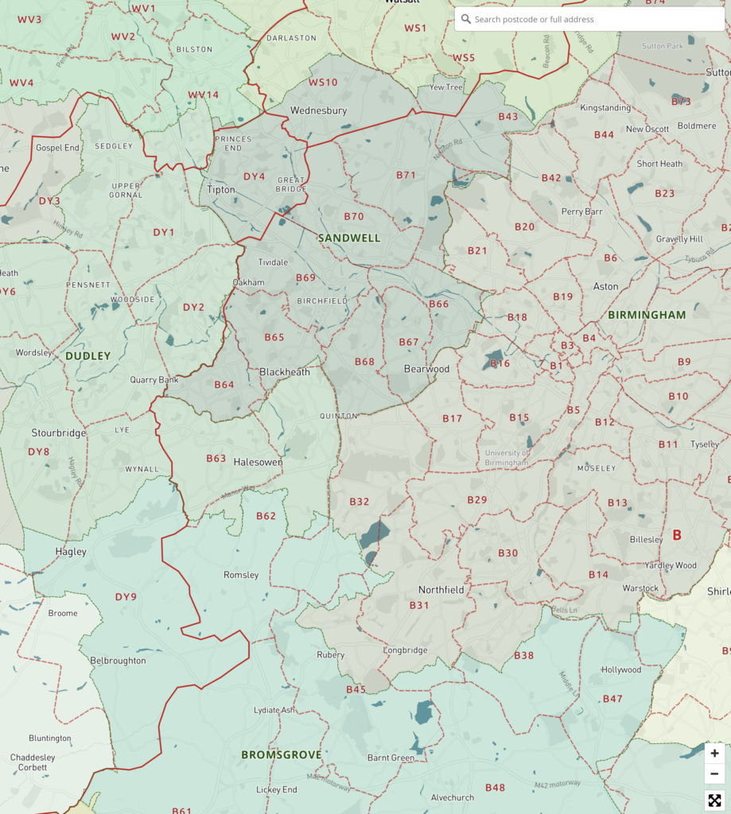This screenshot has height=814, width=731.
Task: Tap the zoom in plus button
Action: tap(714, 754)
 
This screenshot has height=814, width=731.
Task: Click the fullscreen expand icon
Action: tap(714, 800)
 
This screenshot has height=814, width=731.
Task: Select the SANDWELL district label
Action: tap(349, 238)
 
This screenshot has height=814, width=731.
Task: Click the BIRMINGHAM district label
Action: tap(646, 315)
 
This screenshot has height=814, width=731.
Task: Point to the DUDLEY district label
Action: tap(87, 355)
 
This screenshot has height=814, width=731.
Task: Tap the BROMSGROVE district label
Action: tap(282, 754)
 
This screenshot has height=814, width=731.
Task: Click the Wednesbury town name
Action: tap(318, 110)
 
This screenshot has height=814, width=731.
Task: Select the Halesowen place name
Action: tap(258, 462)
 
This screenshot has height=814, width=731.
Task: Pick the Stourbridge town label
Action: tap(58, 433)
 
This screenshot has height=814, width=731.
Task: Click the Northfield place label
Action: tap(441, 590)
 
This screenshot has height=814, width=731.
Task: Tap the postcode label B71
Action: tap(406, 175)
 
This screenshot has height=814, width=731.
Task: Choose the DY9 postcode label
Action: tap(126, 596)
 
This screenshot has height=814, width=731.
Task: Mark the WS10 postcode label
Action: tap(323, 83)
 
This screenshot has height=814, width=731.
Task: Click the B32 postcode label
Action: tap(360, 502)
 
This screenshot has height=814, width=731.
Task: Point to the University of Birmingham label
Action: tap(507, 457)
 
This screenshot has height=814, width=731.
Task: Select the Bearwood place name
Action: tap(426, 369)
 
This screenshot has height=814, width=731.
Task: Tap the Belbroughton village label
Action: tap(118, 661)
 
